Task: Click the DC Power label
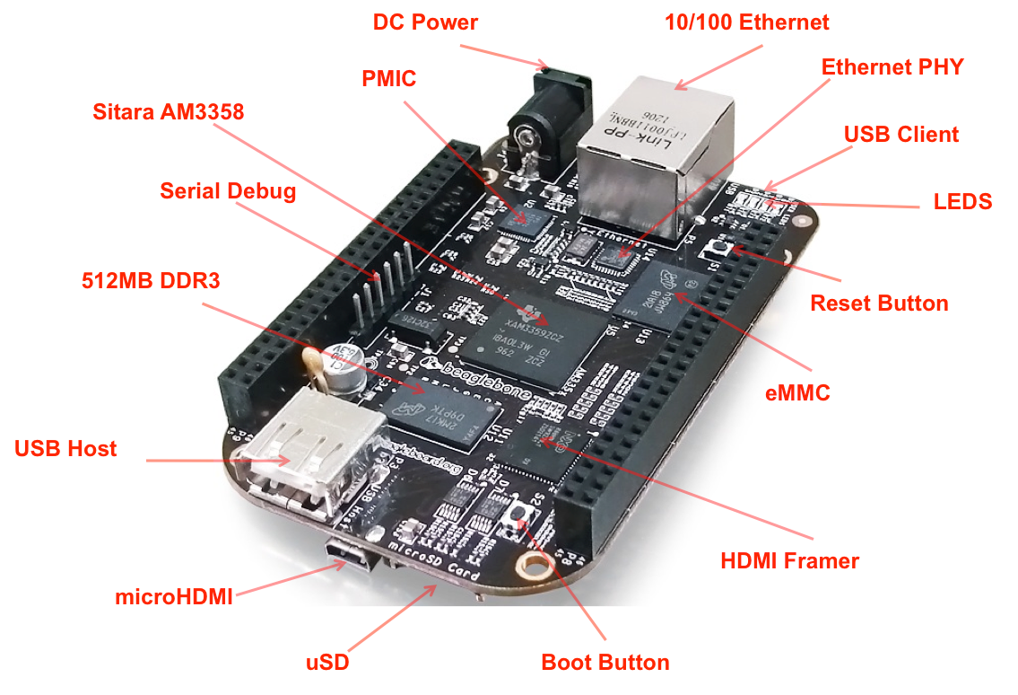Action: [x=425, y=22]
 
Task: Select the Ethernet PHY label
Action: [x=892, y=66]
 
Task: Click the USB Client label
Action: [x=901, y=134]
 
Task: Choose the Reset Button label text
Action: [x=879, y=303]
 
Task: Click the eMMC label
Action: [x=796, y=392]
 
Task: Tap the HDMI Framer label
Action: [x=789, y=561]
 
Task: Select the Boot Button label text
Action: [x=605, y=663]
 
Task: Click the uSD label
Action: [x=326, y=664]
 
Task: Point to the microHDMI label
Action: [x=174, y=595]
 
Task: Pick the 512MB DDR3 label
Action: [x=150, y=281]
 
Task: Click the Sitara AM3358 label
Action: [x=168, y=111]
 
